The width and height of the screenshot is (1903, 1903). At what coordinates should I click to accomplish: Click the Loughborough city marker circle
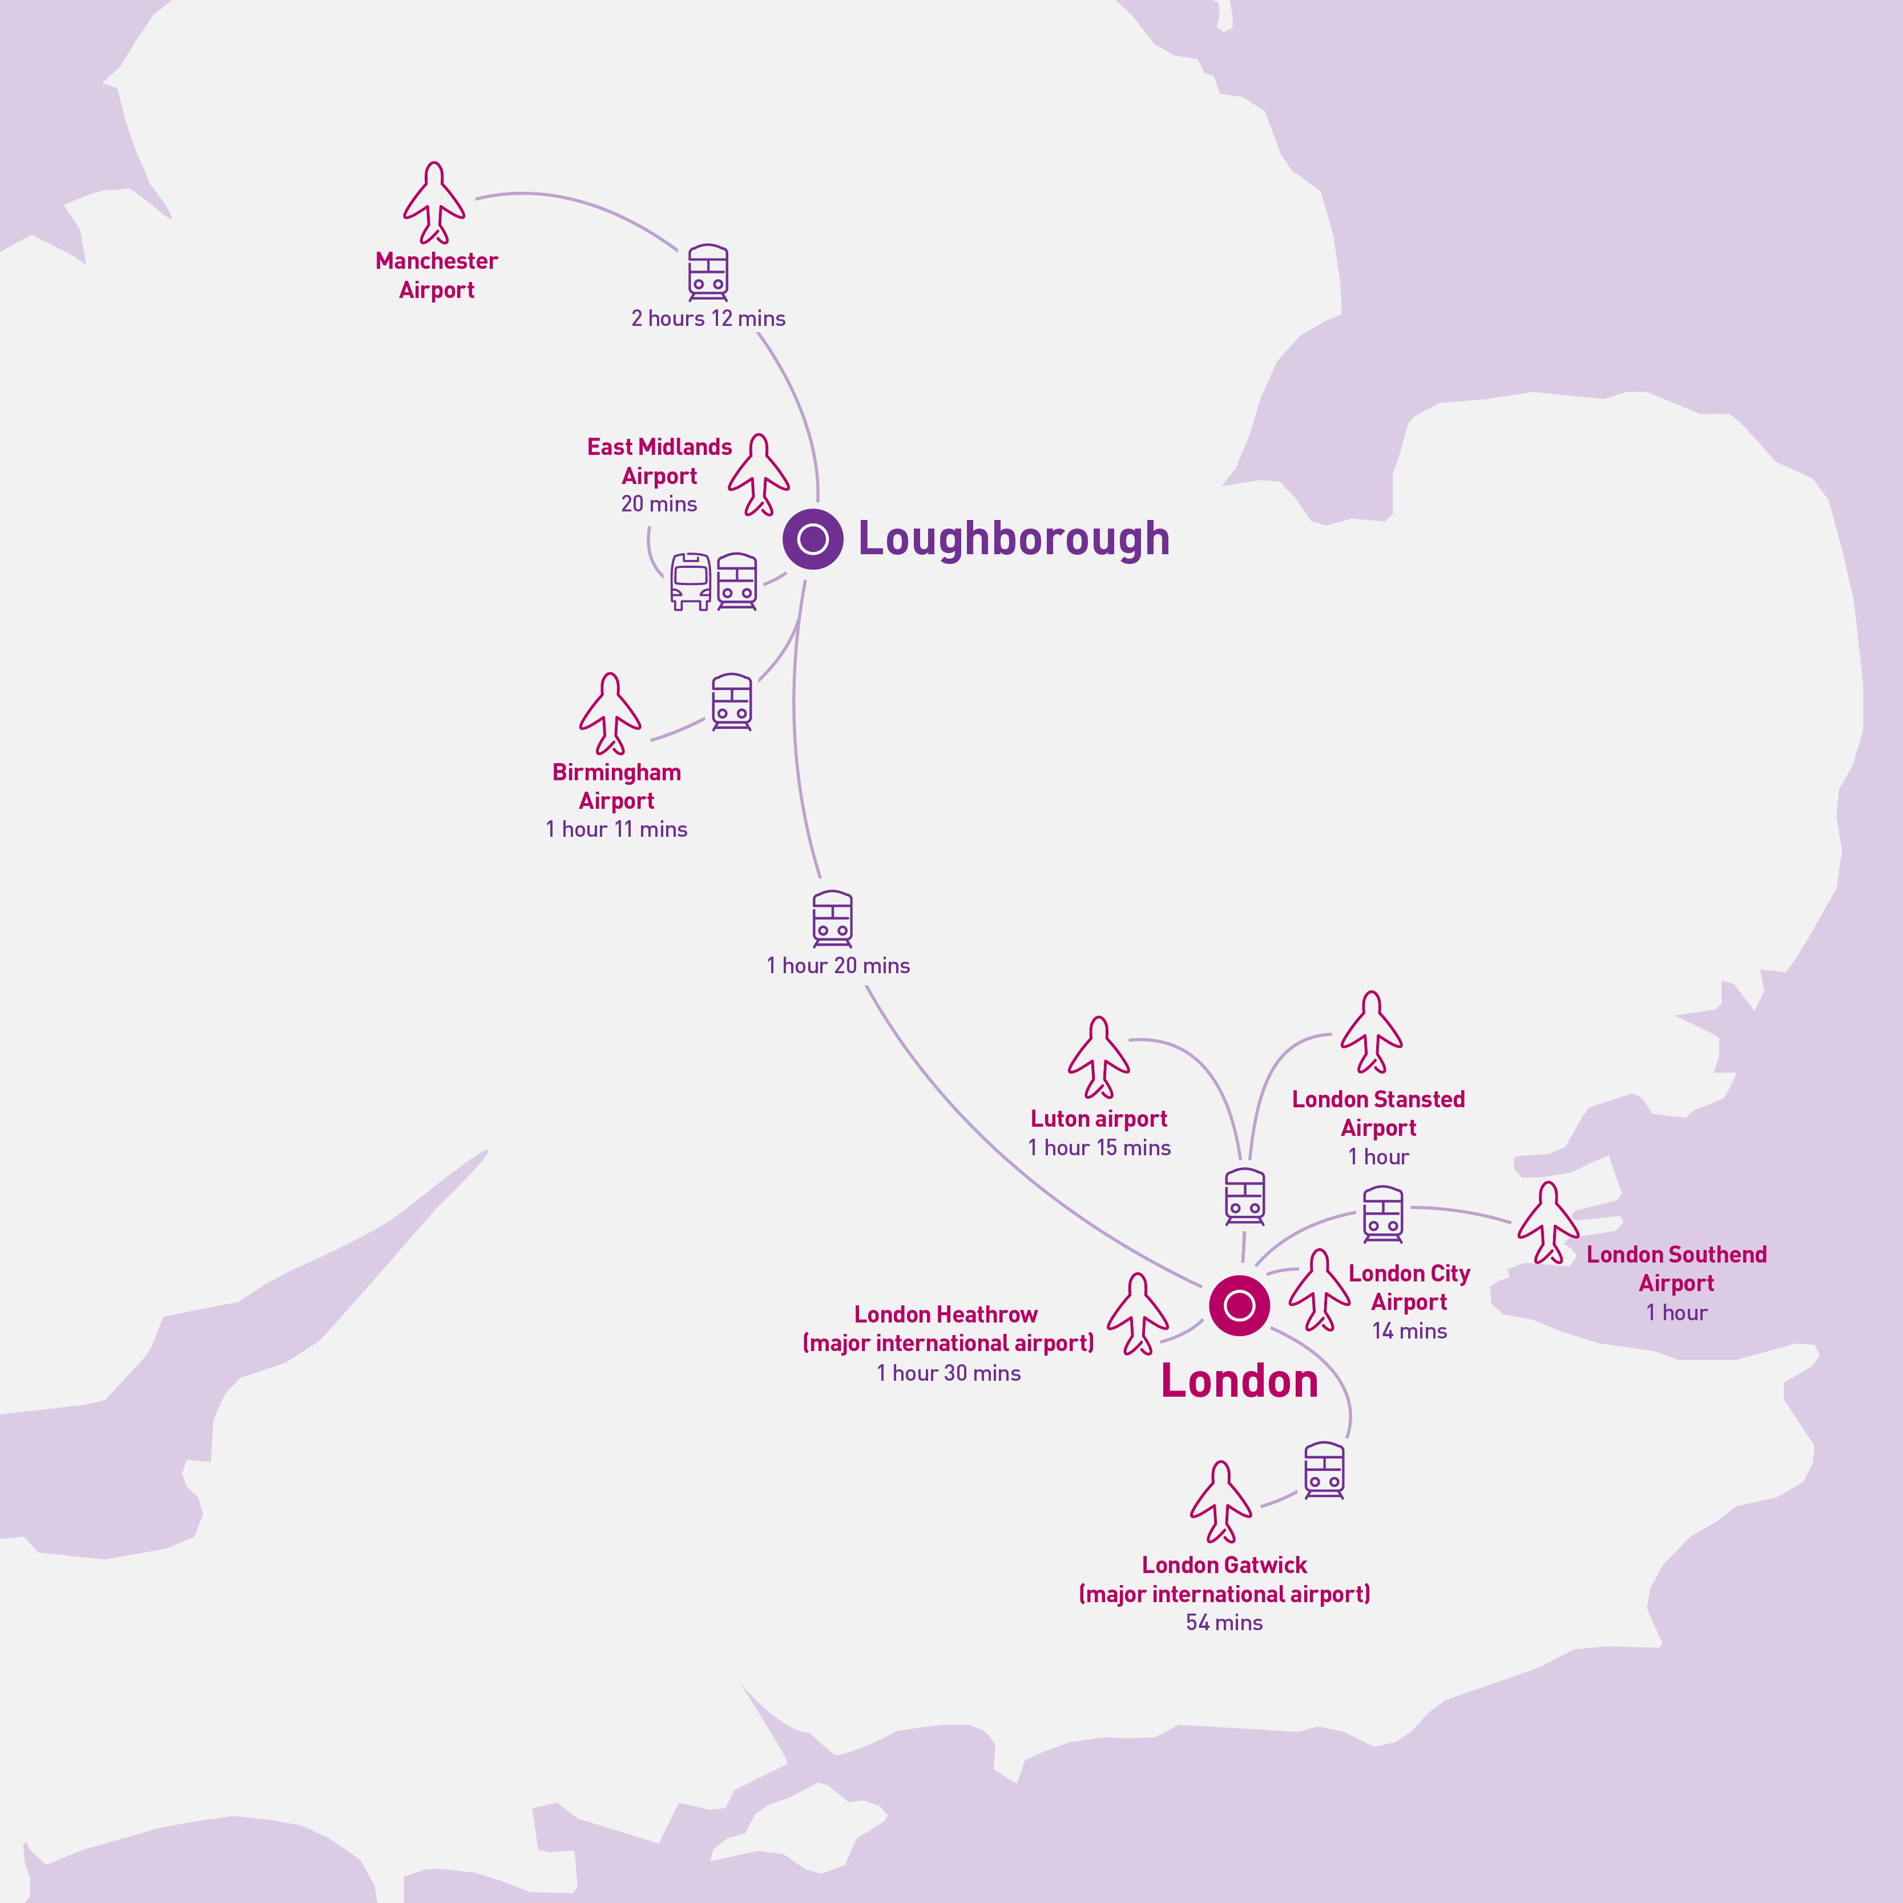click(x=813, y=539)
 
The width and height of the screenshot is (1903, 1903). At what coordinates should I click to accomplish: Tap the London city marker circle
click(x=1239, y=1306)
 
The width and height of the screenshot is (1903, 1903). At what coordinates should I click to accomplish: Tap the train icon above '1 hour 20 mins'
click(x=832, y=919)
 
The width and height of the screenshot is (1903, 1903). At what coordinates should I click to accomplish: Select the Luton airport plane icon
click(x=1099, y=1058)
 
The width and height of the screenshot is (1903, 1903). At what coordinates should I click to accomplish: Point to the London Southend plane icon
click(x=1549, y=1223)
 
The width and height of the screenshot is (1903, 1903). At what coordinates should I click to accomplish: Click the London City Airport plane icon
click(x=1320, y=1291)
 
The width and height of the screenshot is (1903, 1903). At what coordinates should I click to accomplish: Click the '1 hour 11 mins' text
click(x=616, y=829)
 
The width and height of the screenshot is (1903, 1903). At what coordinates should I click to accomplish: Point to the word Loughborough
click(x=1014, y=539)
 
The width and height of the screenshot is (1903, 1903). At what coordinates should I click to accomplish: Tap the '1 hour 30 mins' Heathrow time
click(x=949, y=1373)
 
